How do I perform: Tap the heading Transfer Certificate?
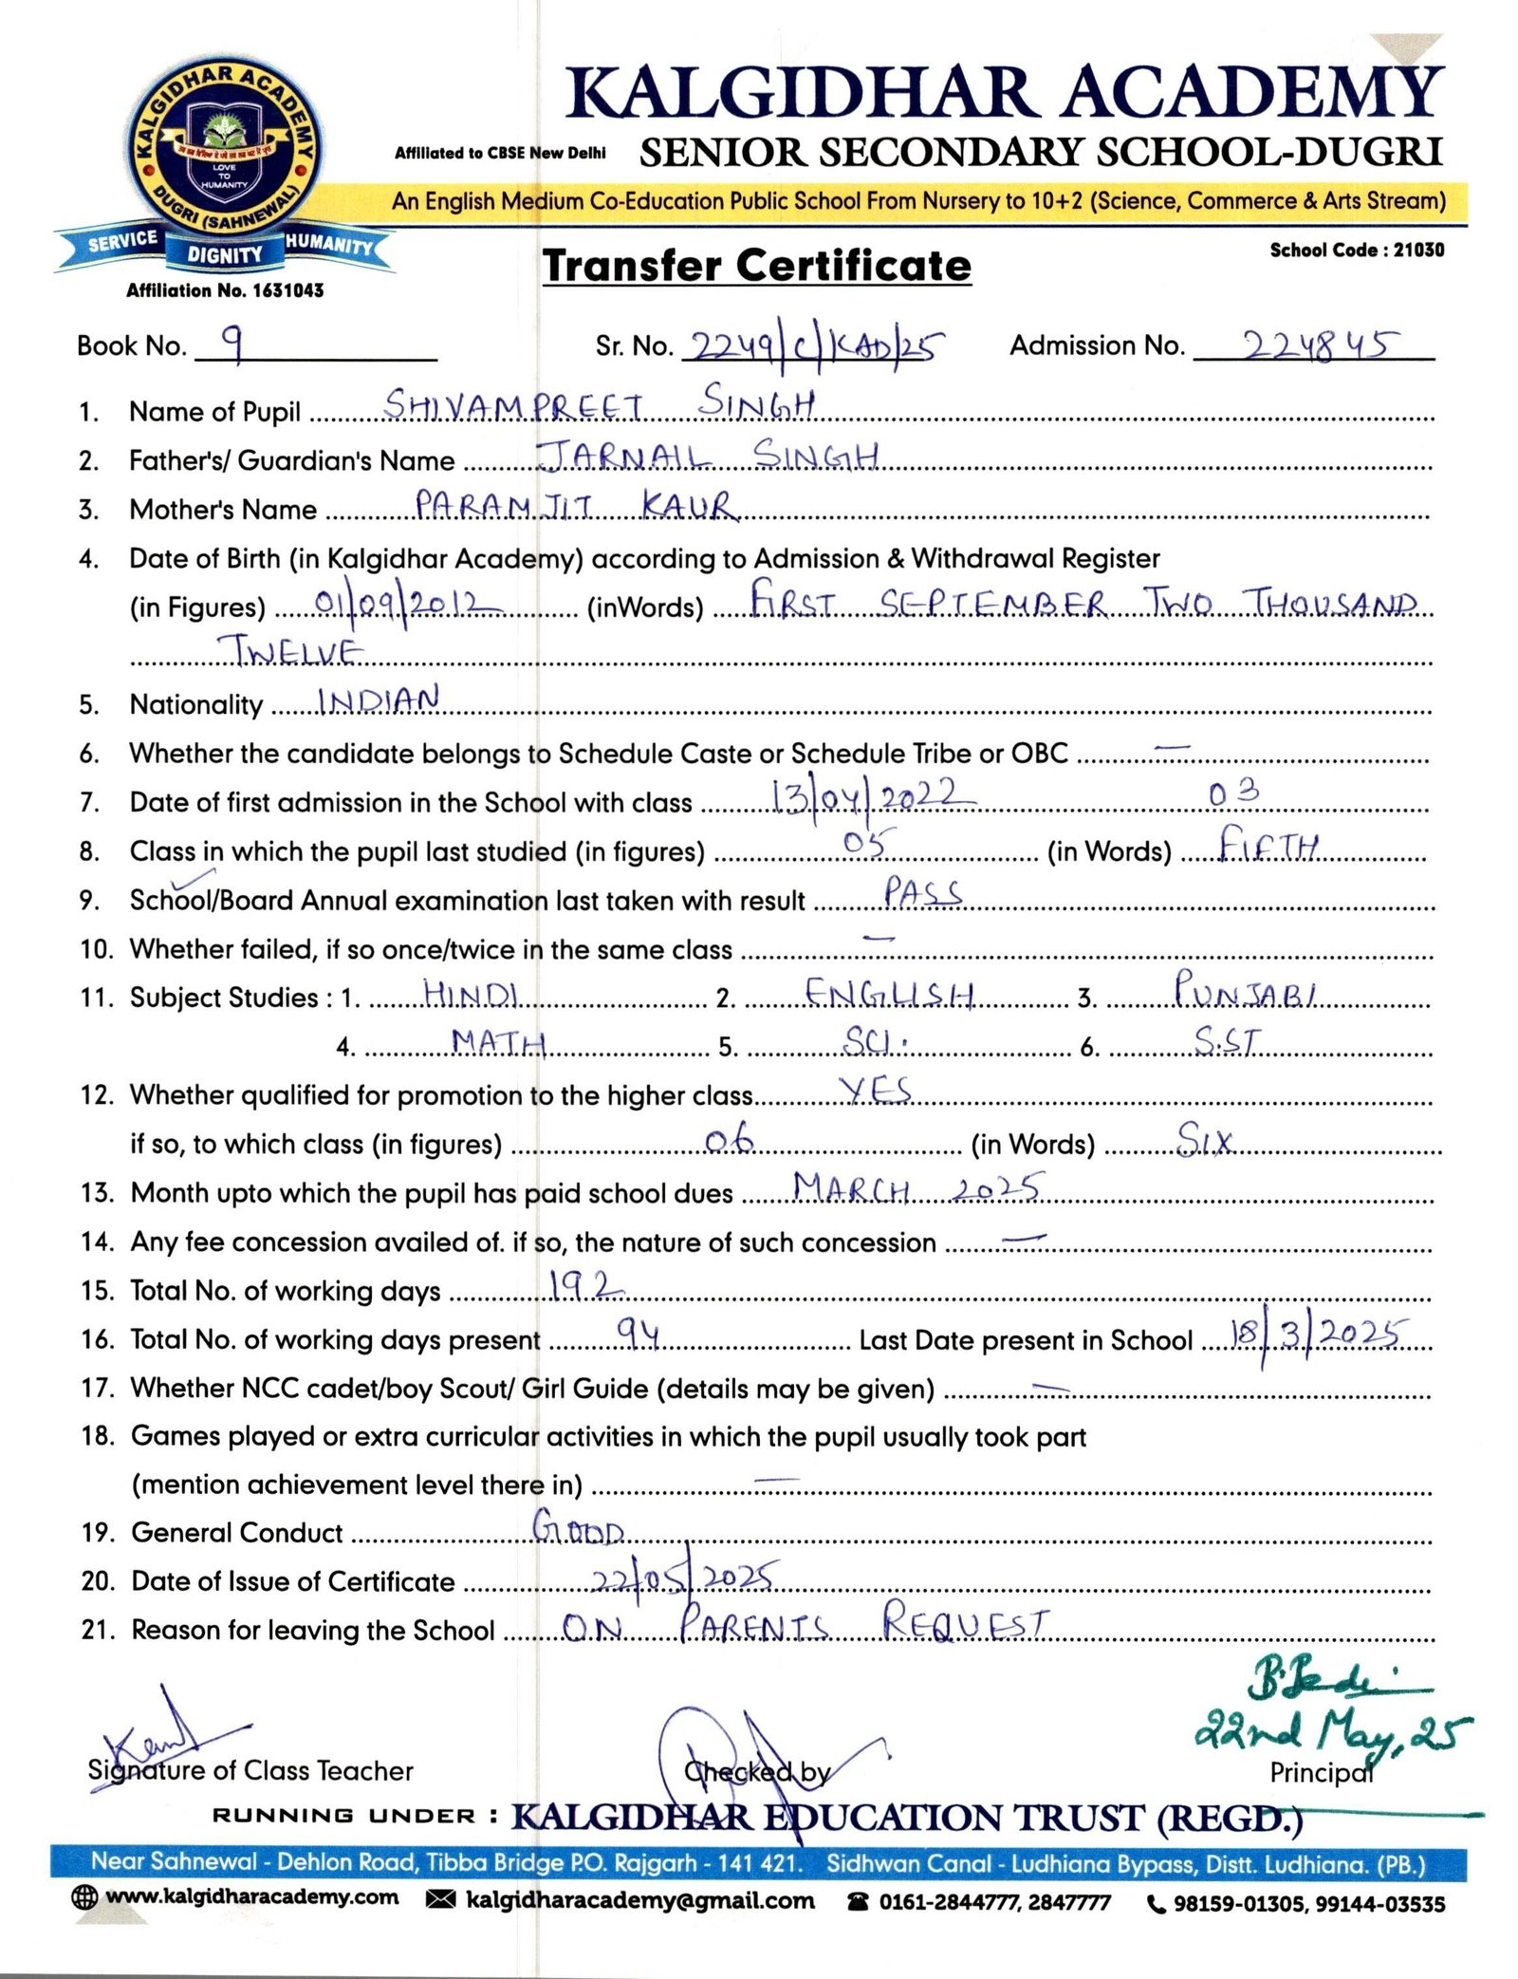[x=756, y=265]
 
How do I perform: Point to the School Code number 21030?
[x=1418, y=251]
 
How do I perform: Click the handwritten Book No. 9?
[x=231, y=343]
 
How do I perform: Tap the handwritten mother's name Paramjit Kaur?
[x=575, y=504]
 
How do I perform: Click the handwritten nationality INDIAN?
[x=379, y=700]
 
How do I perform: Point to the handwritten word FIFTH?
[x=1268, y=843]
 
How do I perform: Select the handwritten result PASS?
[x=922, y=892]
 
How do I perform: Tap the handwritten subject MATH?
[x=498, y=1042]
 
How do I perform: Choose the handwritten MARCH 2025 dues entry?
[x=917, y=1188]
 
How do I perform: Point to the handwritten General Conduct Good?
[x=578, y=1527]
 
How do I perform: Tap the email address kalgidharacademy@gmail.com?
[x=640, y=1901]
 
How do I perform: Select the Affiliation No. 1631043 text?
[x=225, y=290]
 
